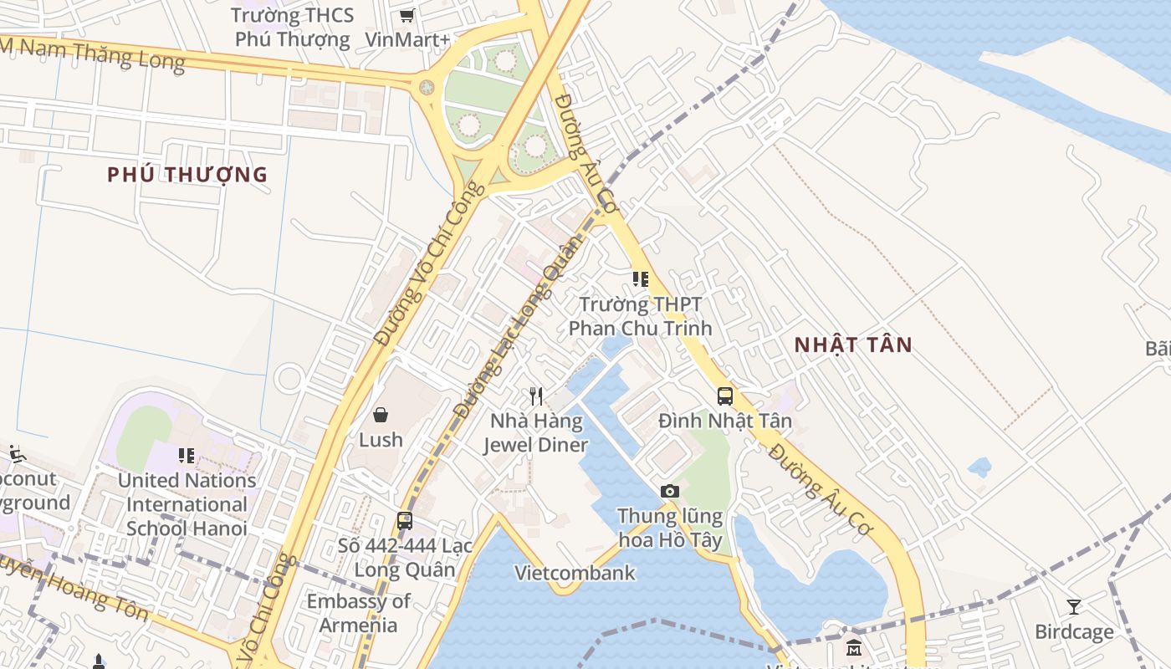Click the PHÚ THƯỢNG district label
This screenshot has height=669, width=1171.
coord(187,175)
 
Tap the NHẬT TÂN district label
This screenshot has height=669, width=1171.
coord(853,345)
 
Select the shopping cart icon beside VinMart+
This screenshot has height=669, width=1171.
coord(407,15)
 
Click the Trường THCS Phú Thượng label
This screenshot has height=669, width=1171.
coord(292,27)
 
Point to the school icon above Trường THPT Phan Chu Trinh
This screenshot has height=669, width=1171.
coord(641,279)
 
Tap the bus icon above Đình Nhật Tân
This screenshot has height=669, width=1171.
coord(724,396)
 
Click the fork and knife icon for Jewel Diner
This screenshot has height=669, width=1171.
coord(536,396)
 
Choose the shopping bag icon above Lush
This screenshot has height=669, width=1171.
coord(381,415)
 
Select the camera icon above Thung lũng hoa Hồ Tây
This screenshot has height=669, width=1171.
coord(669,491)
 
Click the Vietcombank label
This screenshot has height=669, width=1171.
coord(575,573)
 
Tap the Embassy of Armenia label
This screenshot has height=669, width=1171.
coord(358,613)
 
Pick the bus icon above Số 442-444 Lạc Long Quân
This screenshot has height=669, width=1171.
coord(405,521)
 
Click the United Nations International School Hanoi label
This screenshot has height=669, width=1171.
coord(187,504)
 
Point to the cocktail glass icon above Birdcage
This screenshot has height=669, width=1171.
coord(1074,607)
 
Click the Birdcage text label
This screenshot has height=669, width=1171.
coord(1074,631)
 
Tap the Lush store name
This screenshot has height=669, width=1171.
coord(381,440)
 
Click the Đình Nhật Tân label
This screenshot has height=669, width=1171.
coord(724,421)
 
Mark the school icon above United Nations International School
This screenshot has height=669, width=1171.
coord(187,456)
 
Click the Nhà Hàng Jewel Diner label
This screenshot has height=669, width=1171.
coord(536,432)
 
